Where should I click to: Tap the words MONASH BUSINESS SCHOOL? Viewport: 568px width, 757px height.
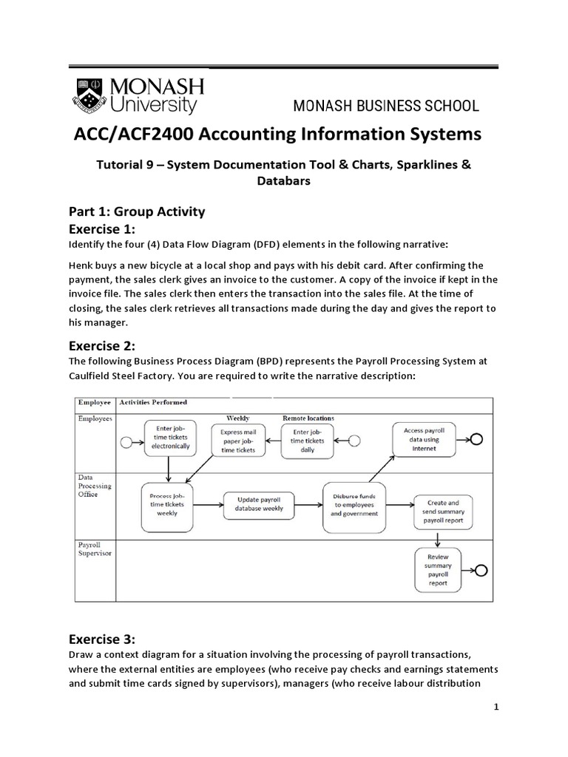click(386, 106)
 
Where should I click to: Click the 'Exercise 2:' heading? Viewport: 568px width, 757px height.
click(103, 344)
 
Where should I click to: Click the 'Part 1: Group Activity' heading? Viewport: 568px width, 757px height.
click(137, 211)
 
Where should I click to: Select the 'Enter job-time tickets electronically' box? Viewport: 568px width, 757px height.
click(171, 440)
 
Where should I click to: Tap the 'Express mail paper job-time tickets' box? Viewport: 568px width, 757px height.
click(237, 440)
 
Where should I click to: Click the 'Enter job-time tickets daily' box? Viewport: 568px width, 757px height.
click(308, 441)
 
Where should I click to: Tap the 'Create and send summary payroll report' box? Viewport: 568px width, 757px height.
click(443, 511)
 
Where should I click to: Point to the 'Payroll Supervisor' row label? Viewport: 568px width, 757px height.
click(95, 549)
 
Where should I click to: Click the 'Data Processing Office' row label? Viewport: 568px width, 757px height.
click(95, 486)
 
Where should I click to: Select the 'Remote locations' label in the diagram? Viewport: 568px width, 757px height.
click(308, 418)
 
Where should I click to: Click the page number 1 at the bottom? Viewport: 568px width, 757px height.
click(497, 707)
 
